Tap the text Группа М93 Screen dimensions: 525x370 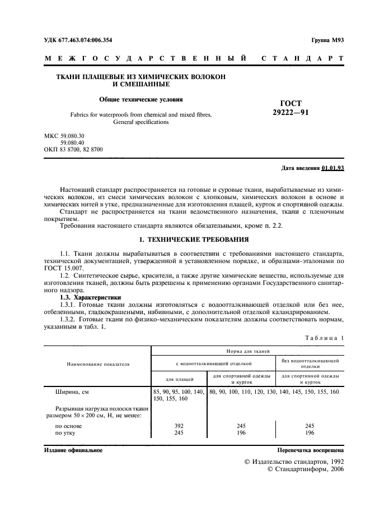[x=327, y=42]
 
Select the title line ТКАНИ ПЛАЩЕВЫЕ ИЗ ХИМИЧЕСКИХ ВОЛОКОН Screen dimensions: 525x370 [x=141, y=77]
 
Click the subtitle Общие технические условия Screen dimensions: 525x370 [x=141, y=99]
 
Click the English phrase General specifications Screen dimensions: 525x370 [x=141, y=121]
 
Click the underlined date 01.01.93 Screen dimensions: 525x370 [x=333, y=168]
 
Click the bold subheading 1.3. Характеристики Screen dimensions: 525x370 [x=90, y=297]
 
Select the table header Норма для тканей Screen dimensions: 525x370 [x=246, y=350]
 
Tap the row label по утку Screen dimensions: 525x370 [x=65, y=433]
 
